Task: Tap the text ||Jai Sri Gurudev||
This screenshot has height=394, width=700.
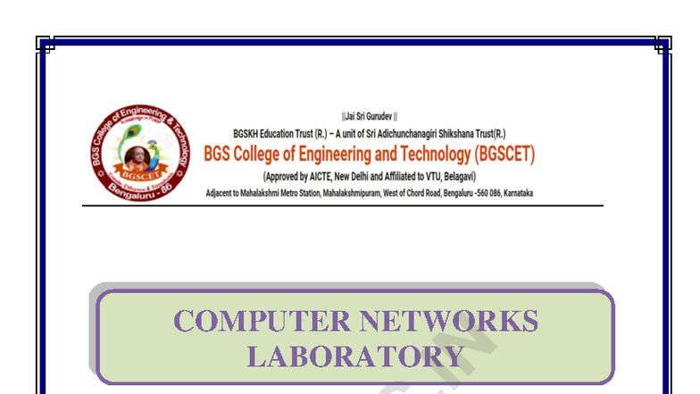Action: [x=369, y=117]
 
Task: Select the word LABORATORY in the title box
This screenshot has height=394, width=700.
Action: [x=354, y=356]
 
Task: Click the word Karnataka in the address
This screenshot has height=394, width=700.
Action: [x=518, y=193]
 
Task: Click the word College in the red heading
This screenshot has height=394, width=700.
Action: [x=262, y=154]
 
